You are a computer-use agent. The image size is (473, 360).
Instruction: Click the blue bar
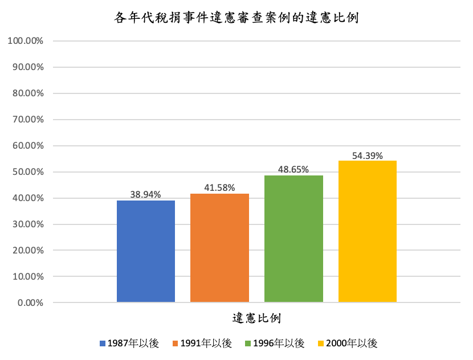click(x=146, y=251)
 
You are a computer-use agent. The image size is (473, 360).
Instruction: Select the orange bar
click(x=219, y=248)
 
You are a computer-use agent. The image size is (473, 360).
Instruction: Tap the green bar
click(x=293, y=239)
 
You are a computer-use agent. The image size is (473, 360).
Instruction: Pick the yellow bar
click(x=367, y=231)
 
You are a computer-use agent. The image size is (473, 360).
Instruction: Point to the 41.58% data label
click(x=219, y=187)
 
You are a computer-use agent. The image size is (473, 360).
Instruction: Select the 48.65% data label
click(x=293, y=169)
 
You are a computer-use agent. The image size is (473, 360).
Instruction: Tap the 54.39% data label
click(x=368, y=156)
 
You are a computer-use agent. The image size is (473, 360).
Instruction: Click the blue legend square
click(x=103, y=343)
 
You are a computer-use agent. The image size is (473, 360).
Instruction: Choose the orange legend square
click(x=175, y=343)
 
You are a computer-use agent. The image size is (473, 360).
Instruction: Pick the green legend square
click(x=248, y=343)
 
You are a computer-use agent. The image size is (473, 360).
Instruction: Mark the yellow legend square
click(x=321, y=343)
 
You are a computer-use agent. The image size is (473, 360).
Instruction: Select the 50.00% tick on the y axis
click(x=28, y=172)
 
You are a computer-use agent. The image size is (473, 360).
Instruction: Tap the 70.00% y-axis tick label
click(x=28, y=120)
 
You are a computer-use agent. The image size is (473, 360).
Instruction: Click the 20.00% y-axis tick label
click(x=28, y=251)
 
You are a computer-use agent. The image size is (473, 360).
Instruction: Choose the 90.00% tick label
click(x=28, y=67)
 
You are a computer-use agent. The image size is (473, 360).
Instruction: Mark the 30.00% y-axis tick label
click(x=28, y=224)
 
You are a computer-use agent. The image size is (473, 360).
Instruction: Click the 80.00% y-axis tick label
click(x=28, y=93)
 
